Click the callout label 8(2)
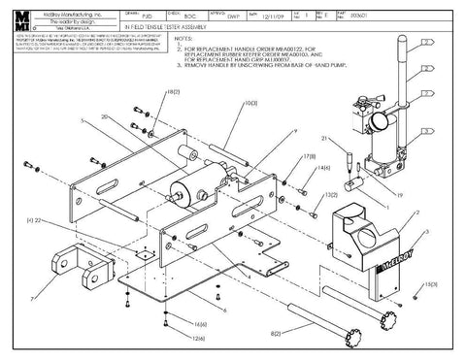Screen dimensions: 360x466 tap(276, 333)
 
